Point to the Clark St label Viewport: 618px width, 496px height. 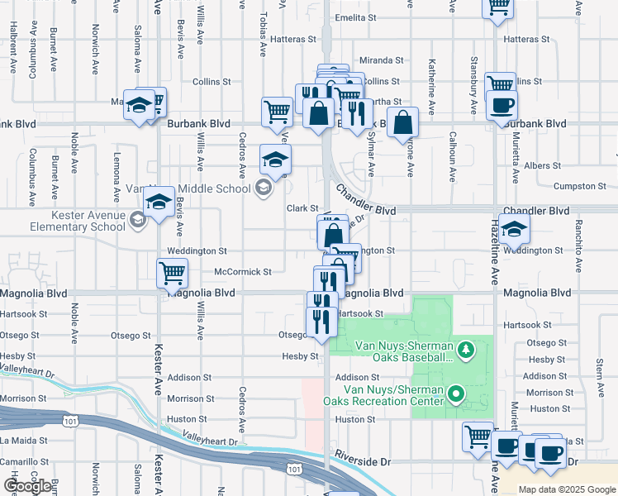[302, 208]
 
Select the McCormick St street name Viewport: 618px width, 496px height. [243, 271]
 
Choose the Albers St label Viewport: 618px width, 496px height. [543, 166]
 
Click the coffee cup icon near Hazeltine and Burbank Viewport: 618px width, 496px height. [502, 106]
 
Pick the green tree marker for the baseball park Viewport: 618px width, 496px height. [464, 351]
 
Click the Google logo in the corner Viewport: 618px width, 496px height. [27, 487]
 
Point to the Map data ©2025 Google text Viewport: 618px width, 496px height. [567, 489]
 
